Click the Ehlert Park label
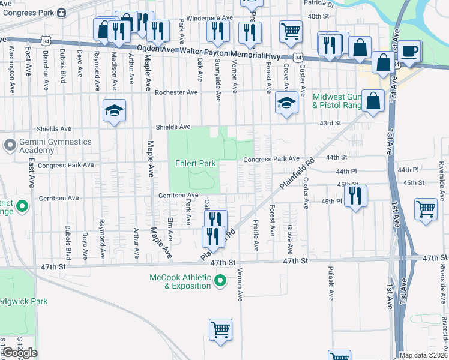[195, 163]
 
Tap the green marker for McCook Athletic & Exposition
[220, 280]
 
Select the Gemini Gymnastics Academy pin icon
[10, 145]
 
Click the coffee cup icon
[410, 50]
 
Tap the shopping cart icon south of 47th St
[220, 329]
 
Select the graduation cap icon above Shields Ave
[114, 110]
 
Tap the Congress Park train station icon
[62, 12]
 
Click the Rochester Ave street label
[176, 92]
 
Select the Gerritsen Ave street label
[178, 195]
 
